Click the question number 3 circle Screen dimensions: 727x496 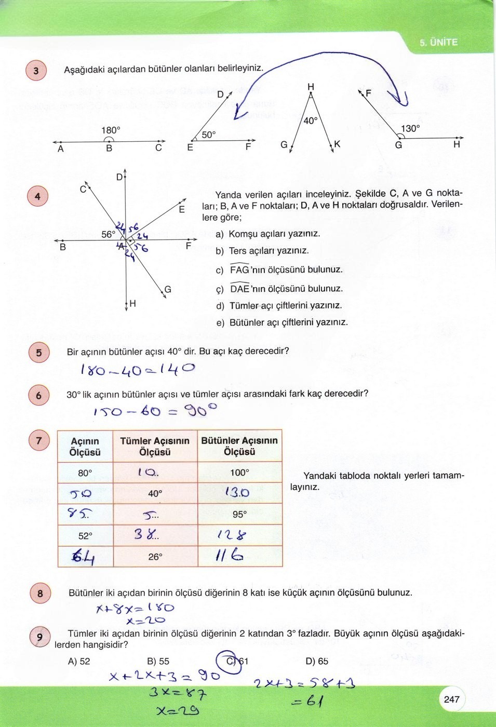[x=36, y=71]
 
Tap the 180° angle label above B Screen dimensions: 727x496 [x=111, y=130]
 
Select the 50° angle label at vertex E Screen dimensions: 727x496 [x=208, y=135]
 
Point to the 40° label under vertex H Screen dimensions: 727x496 [x=310, y=121]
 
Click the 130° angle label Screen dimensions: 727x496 [x=410, y=128]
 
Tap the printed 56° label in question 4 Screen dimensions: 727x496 [x=108, y=234]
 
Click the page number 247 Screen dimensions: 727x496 [x=451, y=699]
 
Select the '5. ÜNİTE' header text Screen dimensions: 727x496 [x=438, y=43]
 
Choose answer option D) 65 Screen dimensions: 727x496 [x=317, y=661]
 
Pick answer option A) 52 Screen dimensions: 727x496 [x=79, y=661]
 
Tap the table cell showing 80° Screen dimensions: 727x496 [x=85, y=473]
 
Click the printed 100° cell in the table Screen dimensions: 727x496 [x=239, y=473]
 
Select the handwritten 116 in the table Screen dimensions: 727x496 [x=230, y=556]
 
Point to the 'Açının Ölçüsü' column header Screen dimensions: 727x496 [x=85, y=447]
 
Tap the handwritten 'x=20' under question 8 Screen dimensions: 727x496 [x=145, y=620]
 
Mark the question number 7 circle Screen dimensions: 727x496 [x=38, y=441]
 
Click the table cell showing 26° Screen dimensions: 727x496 [x=155, y=557]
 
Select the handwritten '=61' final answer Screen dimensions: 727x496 [x=307, y=702]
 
